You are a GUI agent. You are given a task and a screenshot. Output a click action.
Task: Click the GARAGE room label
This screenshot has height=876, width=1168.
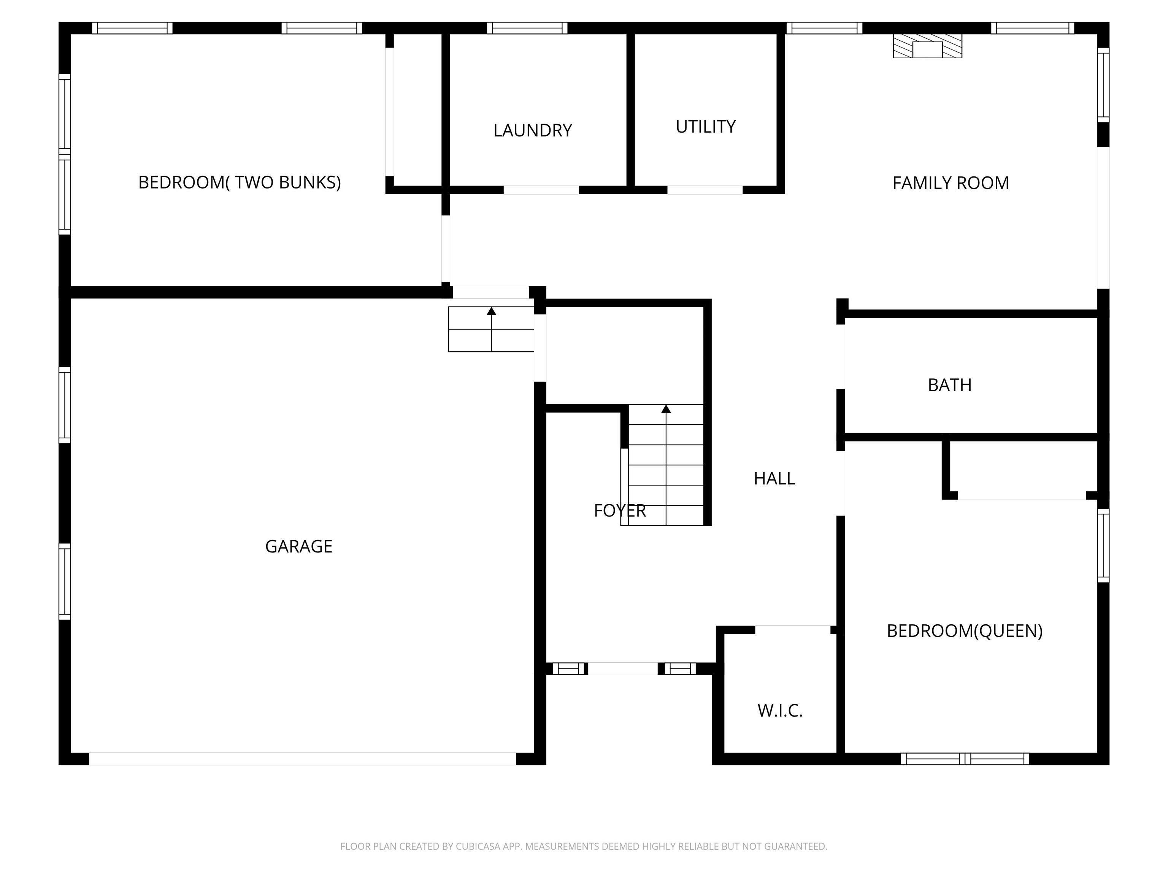pos(298,546)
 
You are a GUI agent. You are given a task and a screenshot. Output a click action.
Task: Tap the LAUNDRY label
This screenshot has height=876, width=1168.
pos(532,130)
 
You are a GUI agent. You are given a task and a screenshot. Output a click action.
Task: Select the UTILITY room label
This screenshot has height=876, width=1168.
pos(705,127)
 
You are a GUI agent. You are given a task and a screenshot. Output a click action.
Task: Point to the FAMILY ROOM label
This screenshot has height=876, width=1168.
pos(951,183)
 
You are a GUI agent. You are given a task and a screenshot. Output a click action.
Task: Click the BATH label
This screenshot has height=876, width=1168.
pos(949,385)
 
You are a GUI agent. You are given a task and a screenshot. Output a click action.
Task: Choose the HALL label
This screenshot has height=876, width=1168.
pos(774,478)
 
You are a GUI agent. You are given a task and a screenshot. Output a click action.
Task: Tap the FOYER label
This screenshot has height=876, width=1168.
pos(619,511)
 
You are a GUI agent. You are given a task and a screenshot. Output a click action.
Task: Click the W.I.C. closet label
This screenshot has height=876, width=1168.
pos(780,711)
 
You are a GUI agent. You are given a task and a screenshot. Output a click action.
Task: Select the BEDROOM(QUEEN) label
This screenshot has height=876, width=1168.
pos(965,631)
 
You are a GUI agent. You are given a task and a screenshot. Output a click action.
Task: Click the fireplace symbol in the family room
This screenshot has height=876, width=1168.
pos(927,46)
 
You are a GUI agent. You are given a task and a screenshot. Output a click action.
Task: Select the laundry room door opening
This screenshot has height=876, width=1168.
pos(541,190)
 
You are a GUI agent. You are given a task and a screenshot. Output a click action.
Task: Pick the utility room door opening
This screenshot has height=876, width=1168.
pos(705,190)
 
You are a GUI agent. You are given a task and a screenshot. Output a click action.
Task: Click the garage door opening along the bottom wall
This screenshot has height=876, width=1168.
pos(302,759)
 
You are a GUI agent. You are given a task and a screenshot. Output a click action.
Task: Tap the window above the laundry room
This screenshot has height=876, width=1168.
pos(527,28)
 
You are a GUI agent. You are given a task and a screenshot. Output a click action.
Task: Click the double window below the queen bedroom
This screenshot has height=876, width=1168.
pos(965,759)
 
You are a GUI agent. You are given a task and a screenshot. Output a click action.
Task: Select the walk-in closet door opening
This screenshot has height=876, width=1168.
pos(793,629)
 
